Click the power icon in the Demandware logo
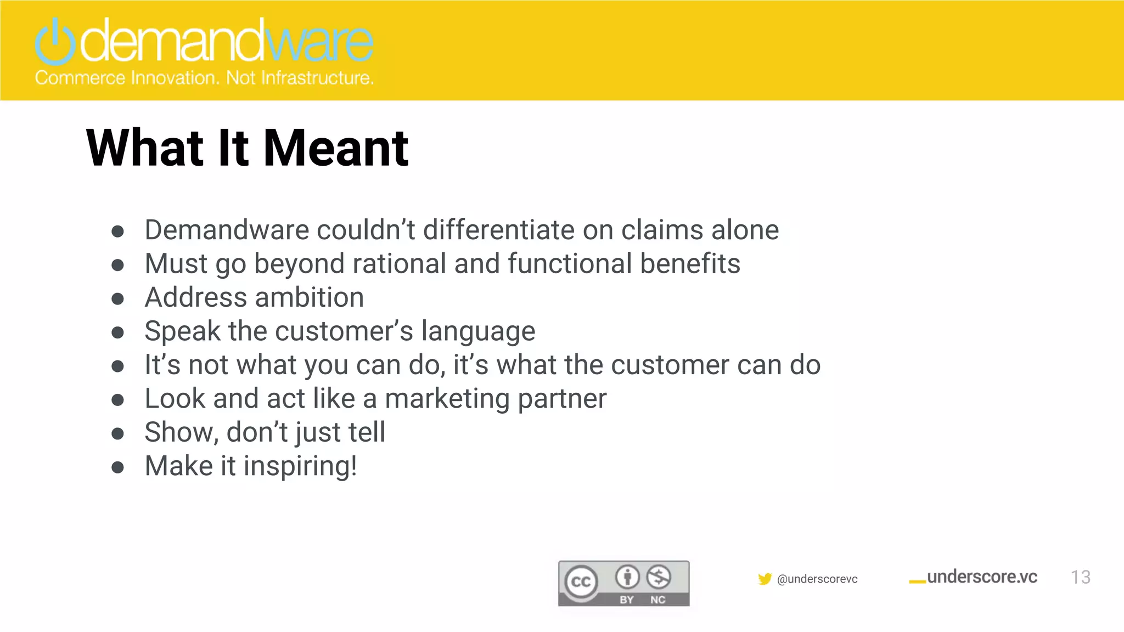[x=55, y=42]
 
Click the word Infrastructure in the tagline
[x=317, y=78]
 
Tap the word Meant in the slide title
[x=336, y=148]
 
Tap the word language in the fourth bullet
[x=478, y=332]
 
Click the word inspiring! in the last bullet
[x=300, y=466]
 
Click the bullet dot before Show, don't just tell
[x=117, y=434]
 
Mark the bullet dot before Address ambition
[x=117, y=299]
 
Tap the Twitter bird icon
[x=765, y=579]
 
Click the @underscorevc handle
[x=817, y=579]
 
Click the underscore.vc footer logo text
[x=982, y=577]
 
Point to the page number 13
[x=1080, y=577]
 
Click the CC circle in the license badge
[x=581, y=582]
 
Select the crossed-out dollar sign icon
[x=659, y=577]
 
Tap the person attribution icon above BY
[x=627, y=577]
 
